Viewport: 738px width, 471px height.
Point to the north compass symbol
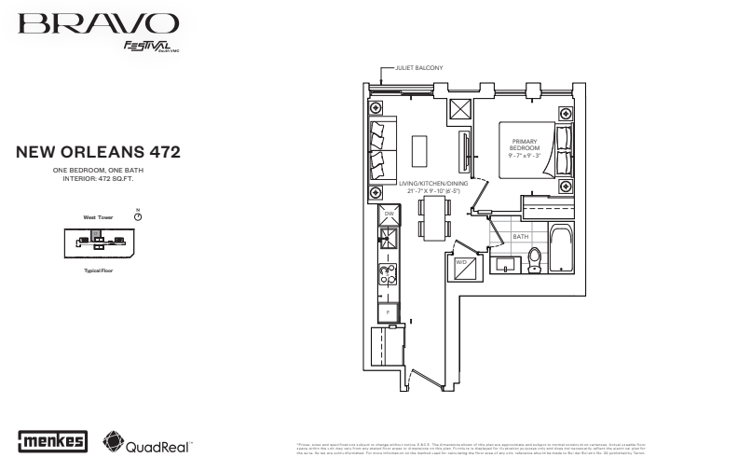(138, 215)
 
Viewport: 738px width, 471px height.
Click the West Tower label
(98, 216)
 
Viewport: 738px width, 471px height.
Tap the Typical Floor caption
(98, 269)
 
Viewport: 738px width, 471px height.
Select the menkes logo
(53, 439)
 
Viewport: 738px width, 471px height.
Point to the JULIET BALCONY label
(419, 68)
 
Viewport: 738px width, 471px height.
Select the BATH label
(520, 238)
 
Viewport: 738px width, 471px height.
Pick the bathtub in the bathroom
(562, 250)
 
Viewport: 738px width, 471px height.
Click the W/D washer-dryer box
(464, 267)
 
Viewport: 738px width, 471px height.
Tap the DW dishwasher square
(389, 215)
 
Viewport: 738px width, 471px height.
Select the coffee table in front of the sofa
(419, 150)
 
